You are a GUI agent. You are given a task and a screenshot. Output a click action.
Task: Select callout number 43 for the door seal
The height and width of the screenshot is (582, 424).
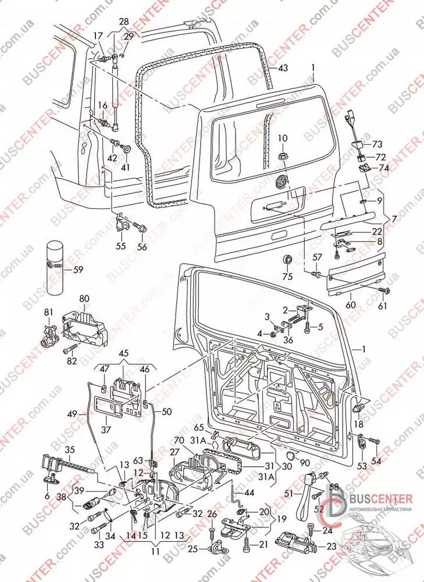282,68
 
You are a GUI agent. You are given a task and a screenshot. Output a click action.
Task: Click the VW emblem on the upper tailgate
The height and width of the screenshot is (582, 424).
280,182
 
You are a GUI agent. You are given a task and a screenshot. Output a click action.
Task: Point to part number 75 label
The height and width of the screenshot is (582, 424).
287,276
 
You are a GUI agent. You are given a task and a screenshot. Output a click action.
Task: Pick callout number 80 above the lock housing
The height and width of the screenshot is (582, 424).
84,299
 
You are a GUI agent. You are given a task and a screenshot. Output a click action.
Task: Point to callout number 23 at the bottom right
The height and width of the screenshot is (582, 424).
332,546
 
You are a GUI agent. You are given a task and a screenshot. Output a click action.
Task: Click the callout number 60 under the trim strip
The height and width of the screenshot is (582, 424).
350,304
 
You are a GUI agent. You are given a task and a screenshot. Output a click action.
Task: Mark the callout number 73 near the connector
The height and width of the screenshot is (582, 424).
377,144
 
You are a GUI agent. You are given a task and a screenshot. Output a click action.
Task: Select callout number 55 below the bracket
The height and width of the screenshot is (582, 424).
120,246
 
